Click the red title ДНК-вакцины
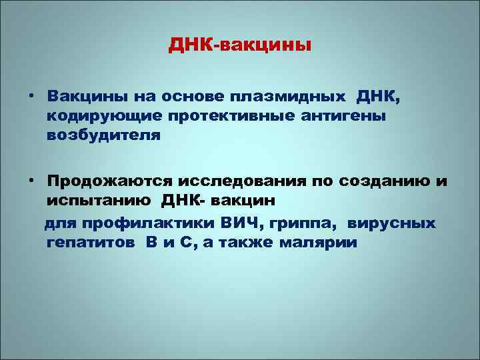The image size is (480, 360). (240, 46)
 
